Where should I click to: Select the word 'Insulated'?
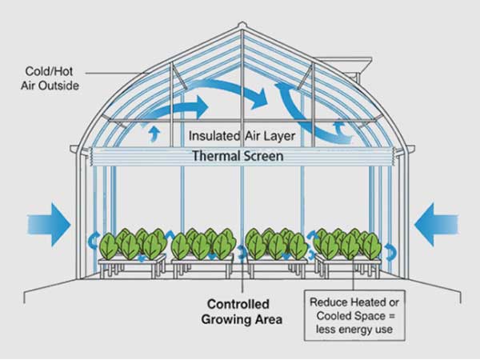coord(213,134)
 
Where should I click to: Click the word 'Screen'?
coord(262,156)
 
